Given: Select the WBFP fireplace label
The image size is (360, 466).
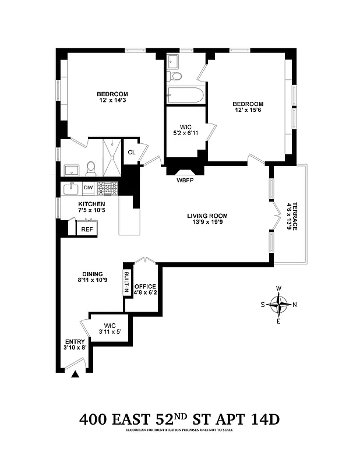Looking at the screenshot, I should (x=185, y=181).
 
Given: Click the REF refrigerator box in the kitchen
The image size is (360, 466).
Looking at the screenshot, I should (x=87, y=229).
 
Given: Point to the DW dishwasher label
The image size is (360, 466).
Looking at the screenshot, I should (x=88, y=188).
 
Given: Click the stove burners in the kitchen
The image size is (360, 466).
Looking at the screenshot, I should (x=107, y=188).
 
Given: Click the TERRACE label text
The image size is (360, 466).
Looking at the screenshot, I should (x=295, y=216).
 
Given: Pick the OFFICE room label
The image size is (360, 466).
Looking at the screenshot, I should (x=145, y=287).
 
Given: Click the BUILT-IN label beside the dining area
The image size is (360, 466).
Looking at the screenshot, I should (x=126, y=282).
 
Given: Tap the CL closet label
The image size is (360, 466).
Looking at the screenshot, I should (x=132, y=152).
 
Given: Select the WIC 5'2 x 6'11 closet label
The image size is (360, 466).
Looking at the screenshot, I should (x=185, y=129).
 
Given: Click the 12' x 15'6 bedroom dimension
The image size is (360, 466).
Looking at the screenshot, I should (x=249, y=111).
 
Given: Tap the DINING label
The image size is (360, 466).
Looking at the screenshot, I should (x=92, y=274).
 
